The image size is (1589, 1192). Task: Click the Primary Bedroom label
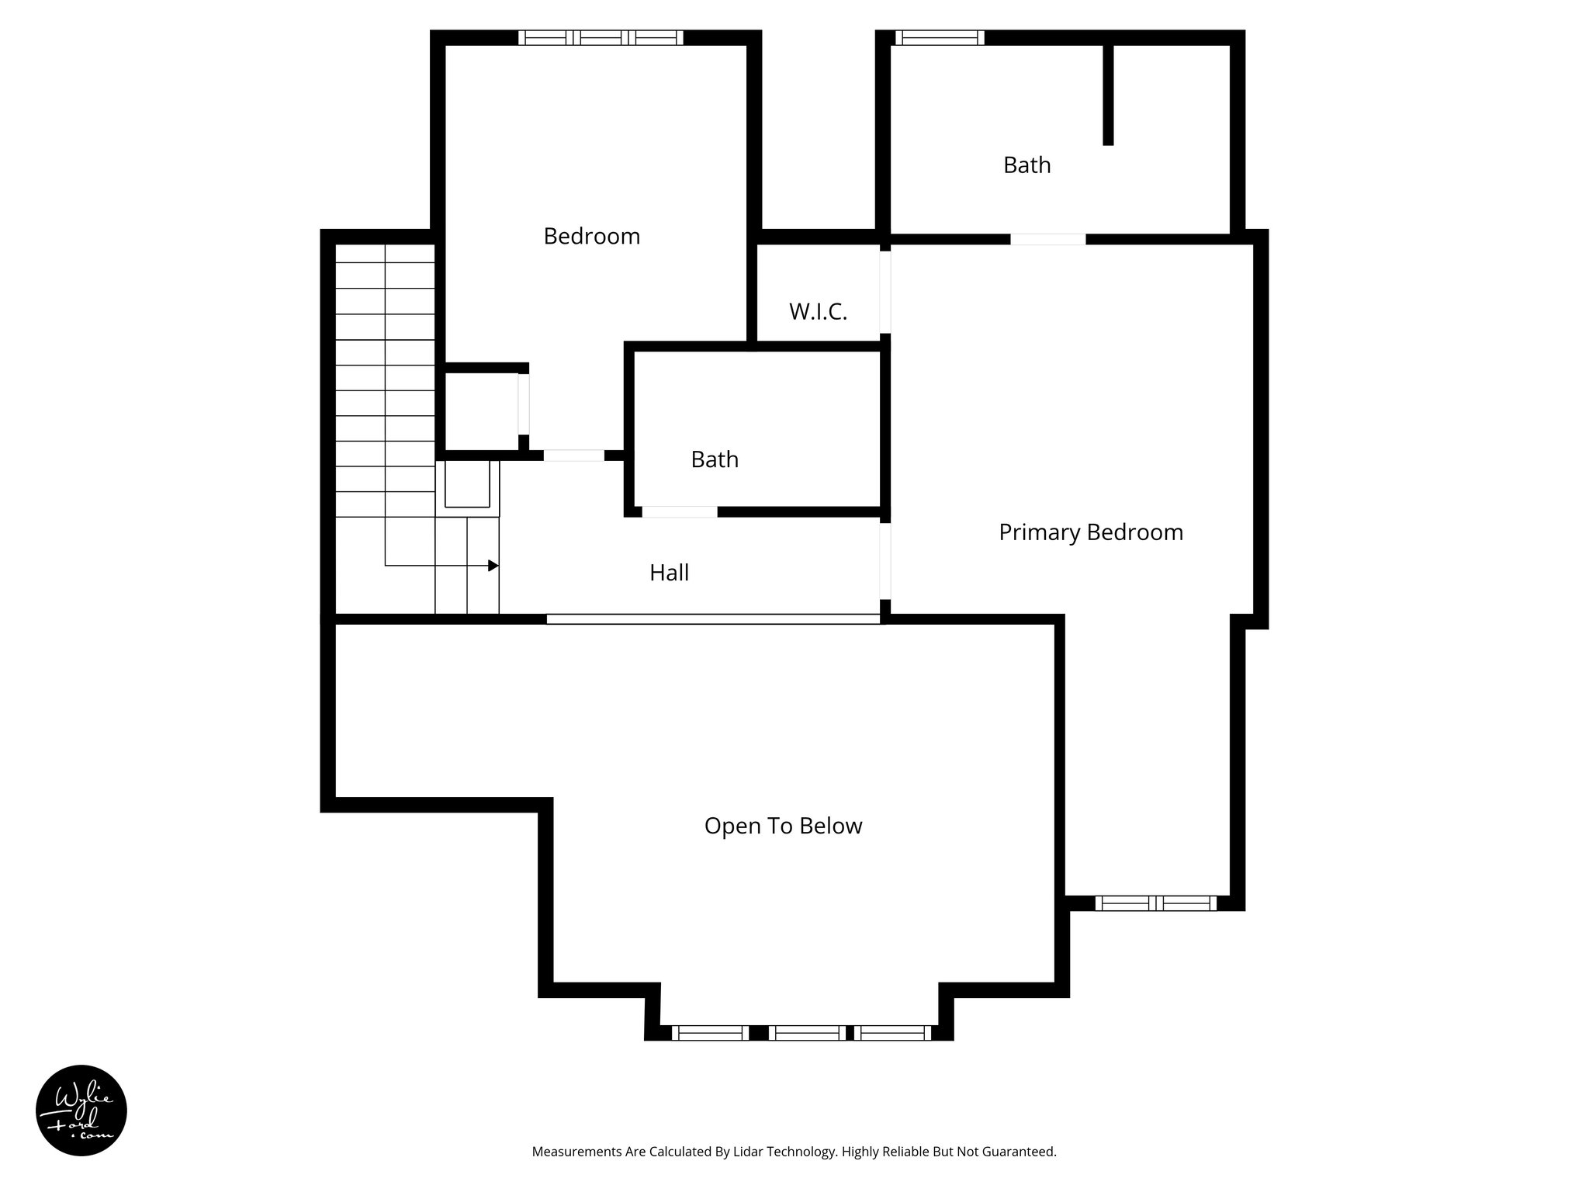1090,532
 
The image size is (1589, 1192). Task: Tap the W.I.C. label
818,312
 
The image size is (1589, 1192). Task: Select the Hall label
669,573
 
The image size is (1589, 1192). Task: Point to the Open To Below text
783,826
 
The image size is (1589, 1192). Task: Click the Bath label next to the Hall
714,459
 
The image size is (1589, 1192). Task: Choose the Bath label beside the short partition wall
1026,165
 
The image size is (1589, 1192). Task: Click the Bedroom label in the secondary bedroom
591,236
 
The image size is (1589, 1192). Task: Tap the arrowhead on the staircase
493,566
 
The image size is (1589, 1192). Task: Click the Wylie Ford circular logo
81,1111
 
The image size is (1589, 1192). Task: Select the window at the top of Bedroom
601,37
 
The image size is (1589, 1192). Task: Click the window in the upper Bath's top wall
940,37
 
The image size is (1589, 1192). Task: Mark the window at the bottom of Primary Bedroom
1155,903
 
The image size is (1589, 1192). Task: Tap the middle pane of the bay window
807,1032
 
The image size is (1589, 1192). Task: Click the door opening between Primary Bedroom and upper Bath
1047,239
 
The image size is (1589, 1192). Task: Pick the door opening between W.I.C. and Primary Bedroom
885,292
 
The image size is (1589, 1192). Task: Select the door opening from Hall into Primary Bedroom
885,561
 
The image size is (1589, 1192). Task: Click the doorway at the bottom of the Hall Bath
679,512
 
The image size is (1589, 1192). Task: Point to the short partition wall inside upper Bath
1108,95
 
